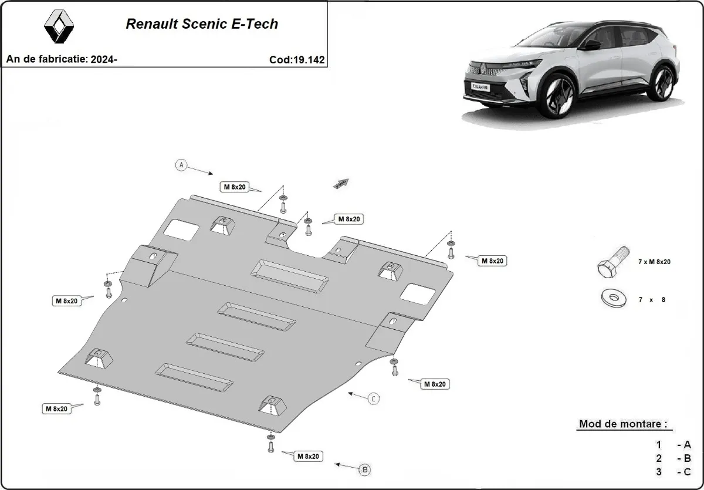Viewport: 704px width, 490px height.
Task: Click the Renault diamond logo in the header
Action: point(59,26)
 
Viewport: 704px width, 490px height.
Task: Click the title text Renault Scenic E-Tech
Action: point(202,24)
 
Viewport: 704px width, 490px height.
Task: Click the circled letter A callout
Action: point(181,165)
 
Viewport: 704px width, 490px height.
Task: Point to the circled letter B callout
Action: point(364,469)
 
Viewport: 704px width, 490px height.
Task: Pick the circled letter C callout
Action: point(374,399)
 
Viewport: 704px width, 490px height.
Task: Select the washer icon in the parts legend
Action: point(612,298)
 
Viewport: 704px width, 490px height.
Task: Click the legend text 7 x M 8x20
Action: point(654,262)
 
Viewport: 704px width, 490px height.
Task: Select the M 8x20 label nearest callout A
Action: point(234,187)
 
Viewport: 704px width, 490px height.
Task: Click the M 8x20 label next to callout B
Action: point(307,456)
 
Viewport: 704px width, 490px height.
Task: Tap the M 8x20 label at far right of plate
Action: point(493,261)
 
